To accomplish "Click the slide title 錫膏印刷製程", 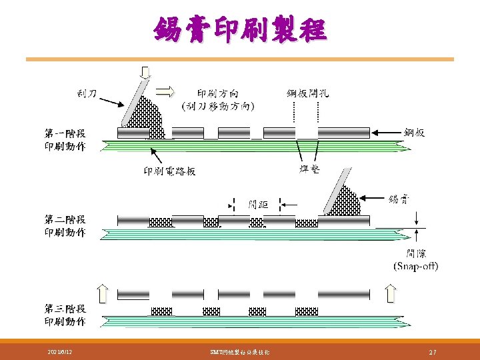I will coord(240,30).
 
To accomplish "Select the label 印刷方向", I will coord(218,94).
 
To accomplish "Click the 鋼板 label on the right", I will coord(414,133).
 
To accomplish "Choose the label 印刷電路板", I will coord(170,171).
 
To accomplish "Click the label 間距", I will coord(258,204).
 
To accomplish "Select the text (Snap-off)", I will coord(415,266).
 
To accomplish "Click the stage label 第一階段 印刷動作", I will coord(65,140).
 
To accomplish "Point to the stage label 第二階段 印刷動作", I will coord(65,226).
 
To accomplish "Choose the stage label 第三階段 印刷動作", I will coord(65,315).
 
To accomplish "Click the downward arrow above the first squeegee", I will coord(145,72).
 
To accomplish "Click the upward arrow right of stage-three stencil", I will coord(391,292).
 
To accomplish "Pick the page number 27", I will coord(432,351).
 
